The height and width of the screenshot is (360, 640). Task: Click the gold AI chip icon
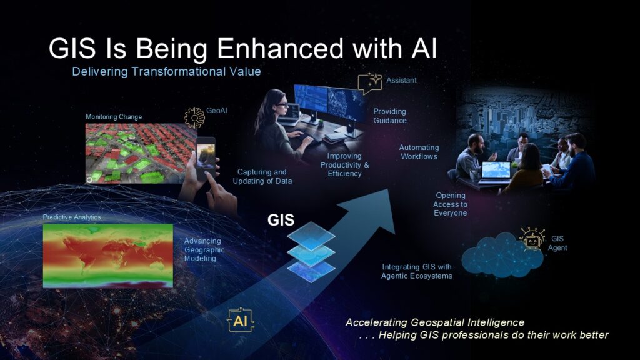[x=241, y=320]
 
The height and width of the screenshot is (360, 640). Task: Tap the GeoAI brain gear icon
[x=194, y=117]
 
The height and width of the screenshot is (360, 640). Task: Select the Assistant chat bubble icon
[x=370, y=82]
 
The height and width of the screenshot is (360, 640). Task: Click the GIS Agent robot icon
[x=532, y=239]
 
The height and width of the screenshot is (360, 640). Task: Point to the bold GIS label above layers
[x=281, y=220]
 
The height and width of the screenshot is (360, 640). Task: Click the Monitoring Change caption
[x=114, y=117]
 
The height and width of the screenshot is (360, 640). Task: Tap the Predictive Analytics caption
[x=72, y=217]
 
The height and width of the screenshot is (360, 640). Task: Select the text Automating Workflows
[x=419, y=152]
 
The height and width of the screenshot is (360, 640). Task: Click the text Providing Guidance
[x=390, y=116]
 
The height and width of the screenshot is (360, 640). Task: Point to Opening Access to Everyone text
[x=450, y=204]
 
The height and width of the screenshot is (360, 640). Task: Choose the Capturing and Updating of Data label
[x=262, y=176]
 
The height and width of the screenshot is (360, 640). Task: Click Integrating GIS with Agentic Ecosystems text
[x=417, y=271]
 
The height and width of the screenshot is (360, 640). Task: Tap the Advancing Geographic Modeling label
[x=204, y=250]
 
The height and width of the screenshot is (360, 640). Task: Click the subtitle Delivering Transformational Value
[x=166, y=71]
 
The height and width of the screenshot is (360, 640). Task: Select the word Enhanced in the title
[x=281, y=49]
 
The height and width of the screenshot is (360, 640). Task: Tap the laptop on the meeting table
[x=495, y=172]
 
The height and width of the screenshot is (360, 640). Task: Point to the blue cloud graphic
[x=502, y=255]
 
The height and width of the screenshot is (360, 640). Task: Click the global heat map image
[x=108, y=256]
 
